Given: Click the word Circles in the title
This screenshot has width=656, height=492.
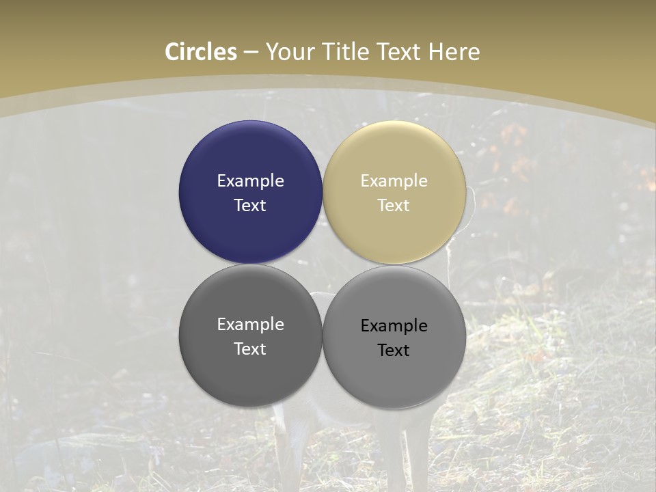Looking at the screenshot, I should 201,52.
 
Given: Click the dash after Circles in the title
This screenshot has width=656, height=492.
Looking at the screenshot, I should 251,53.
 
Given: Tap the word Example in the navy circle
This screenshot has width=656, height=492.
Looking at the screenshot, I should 250,181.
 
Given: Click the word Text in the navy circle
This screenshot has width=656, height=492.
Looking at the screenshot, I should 250,206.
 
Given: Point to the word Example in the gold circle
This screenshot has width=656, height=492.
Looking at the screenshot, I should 394,181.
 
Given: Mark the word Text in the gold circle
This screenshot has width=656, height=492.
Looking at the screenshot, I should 394,206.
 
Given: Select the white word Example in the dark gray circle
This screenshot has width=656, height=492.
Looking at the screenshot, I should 250,325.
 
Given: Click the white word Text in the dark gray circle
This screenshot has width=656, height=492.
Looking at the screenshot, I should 250,349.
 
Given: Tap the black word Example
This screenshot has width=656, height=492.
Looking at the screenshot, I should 394,326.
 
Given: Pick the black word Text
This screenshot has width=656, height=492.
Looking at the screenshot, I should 394,351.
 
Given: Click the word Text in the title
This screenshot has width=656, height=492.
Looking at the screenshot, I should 397,52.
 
